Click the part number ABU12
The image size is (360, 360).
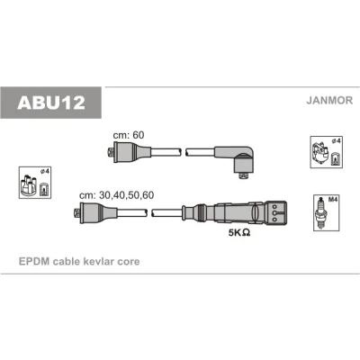(x=51, y=103)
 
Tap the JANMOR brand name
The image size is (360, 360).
(x=329, y=100)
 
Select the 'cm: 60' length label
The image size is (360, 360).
(x=129, y=135)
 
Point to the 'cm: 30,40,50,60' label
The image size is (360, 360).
(x=116, y=195)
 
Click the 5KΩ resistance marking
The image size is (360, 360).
(x=239, y=232)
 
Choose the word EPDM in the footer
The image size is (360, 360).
(x=34, y=261)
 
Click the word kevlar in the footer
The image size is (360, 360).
(x=97, y=261)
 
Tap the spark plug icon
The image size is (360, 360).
(x=321, y=213)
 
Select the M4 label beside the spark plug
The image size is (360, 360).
(x=333, y=200)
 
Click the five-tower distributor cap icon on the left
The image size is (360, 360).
(x=28, y=185)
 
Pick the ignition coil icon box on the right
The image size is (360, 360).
(x=327, y=152)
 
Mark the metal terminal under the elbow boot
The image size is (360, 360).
(x=244, y=175)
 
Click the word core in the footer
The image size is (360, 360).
(x=129, y=261)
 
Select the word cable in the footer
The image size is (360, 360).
(x=65, y=261)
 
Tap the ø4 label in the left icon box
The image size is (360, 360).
(x=44, y=171)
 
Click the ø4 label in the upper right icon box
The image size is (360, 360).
(x=336, y=140)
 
